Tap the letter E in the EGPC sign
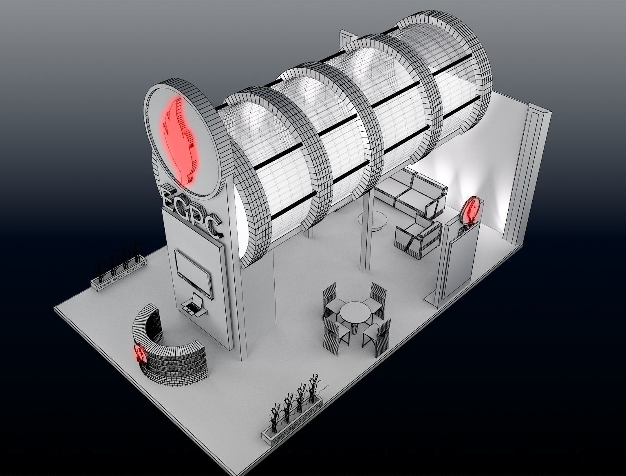(x=170, y=197)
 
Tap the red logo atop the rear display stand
(x=472, y=209)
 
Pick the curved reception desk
(x=171, y=351)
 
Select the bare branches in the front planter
(x=295, y=398)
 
